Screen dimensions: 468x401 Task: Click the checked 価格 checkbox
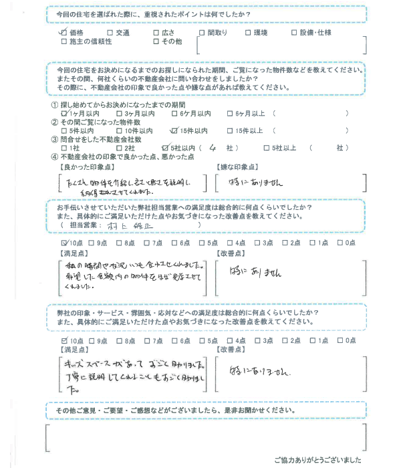[x=63, y=32]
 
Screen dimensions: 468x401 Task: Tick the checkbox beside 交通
[x=110, y=32]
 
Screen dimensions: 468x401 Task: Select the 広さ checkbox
[x=156, y=32]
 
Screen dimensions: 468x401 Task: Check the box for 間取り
[x=203, y=32]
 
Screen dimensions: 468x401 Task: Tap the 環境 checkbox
[x=249, y=32]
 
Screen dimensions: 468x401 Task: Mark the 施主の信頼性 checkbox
[x=63, y=41]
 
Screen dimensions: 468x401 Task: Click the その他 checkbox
[x=156, y=41]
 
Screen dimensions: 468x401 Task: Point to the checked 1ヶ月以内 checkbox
[x=63, y=114]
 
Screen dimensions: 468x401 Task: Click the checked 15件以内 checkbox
[x=174, y=130]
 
